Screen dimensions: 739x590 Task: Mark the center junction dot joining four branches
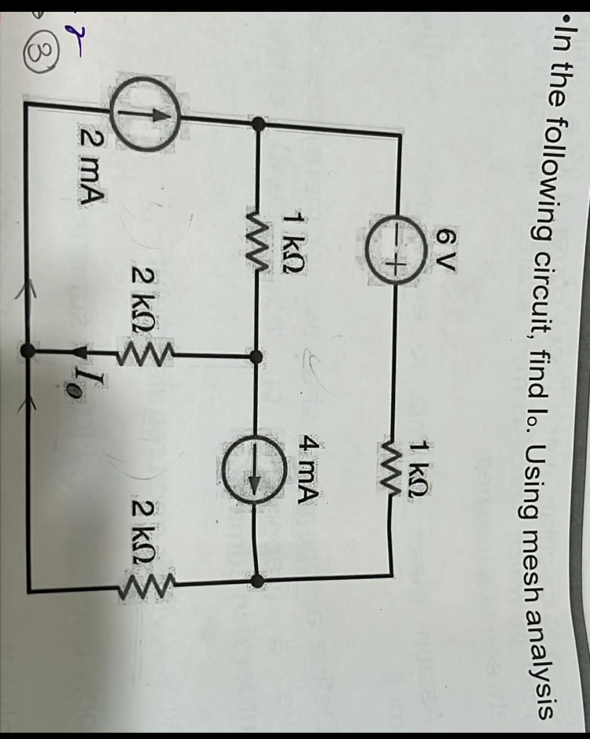256,356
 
